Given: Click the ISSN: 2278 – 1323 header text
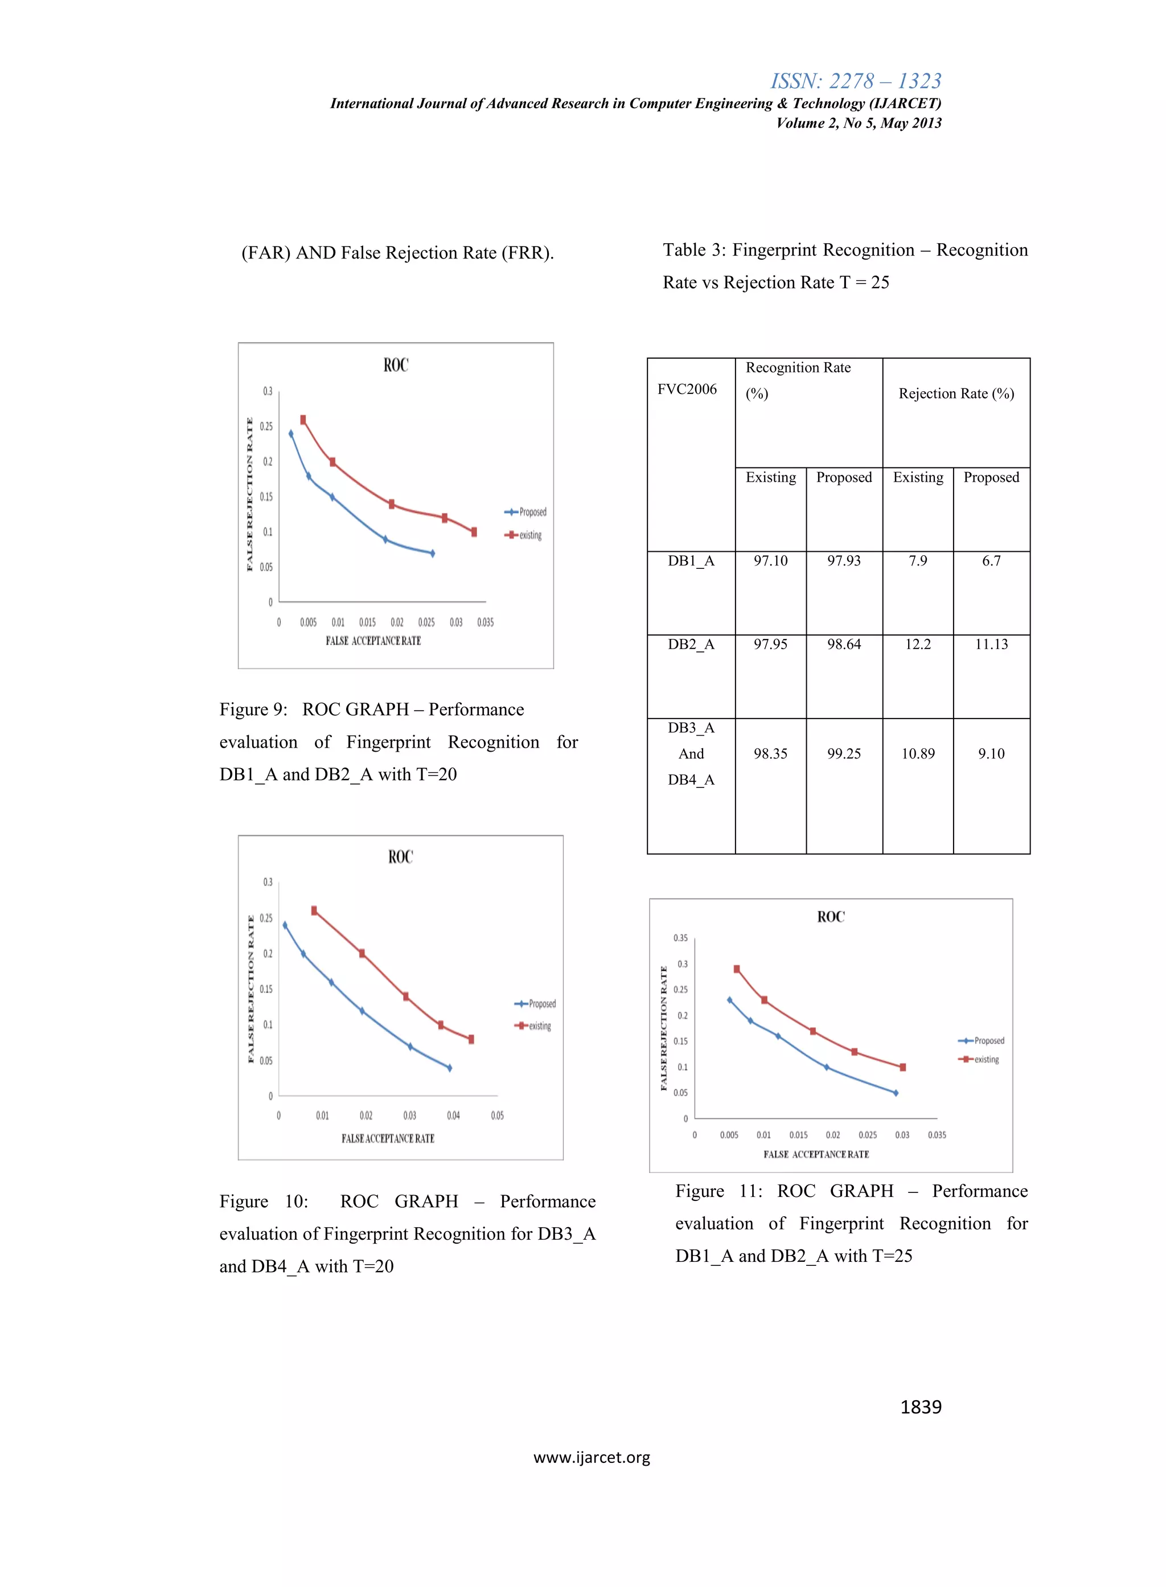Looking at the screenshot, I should coord(856,81).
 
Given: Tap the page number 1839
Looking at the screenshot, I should coord(921,1407).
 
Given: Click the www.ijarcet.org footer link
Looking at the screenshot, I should coord(592,1457).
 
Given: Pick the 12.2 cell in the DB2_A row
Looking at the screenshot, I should coord(918,644).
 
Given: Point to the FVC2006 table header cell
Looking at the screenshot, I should coord(687,389).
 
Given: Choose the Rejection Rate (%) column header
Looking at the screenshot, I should coord(956,393).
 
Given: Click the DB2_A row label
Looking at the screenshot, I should coord(691,644).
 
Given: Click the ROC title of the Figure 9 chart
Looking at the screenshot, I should coord(395,365).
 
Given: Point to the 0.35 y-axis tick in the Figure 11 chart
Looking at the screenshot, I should coord(680,938).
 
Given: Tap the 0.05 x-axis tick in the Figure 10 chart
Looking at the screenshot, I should coord(497,1116).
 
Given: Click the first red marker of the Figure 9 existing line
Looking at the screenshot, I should coord(303,419).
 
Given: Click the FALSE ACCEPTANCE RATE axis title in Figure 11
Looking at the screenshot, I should coord(816,1154).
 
